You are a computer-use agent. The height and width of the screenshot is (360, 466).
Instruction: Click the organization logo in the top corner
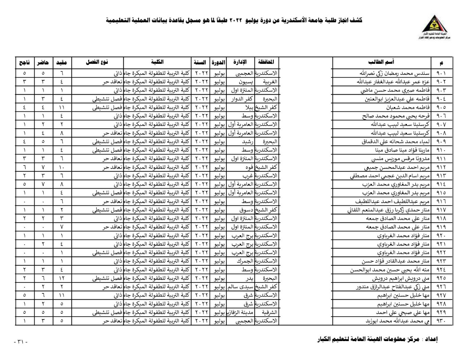[x=436, y=27]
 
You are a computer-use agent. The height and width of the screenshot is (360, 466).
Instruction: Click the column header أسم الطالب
[x=381, y=62]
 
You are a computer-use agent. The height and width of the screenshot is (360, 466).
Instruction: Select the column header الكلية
[x=157, y=62]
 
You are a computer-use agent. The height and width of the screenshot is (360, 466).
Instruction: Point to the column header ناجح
[x=25, y=63]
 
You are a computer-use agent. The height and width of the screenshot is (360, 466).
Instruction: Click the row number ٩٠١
[x=441, y=73]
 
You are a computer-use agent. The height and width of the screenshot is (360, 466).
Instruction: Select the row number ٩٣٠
[x=441, y=321]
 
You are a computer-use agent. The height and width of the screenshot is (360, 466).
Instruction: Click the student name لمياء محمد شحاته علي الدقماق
[x=395, y=142]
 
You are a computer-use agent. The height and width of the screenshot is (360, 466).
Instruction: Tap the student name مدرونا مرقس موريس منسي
[x=400, y=159]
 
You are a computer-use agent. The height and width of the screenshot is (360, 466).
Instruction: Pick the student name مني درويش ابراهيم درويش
[x=401, y=278]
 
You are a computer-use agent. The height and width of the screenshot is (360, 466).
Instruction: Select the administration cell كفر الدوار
[x=242, y=99]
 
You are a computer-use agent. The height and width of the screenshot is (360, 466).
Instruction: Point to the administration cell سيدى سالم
[x=241, y=287]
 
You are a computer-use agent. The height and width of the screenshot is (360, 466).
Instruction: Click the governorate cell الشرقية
[x=269, y=312]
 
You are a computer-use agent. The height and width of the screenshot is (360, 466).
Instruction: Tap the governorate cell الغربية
[x=270, y=82]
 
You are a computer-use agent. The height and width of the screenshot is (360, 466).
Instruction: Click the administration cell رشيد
[x=248, y=142]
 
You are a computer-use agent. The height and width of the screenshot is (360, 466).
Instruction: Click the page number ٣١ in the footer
[x=20, y=342]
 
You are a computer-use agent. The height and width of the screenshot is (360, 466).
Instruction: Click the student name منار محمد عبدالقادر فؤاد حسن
[x=396, y=261]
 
